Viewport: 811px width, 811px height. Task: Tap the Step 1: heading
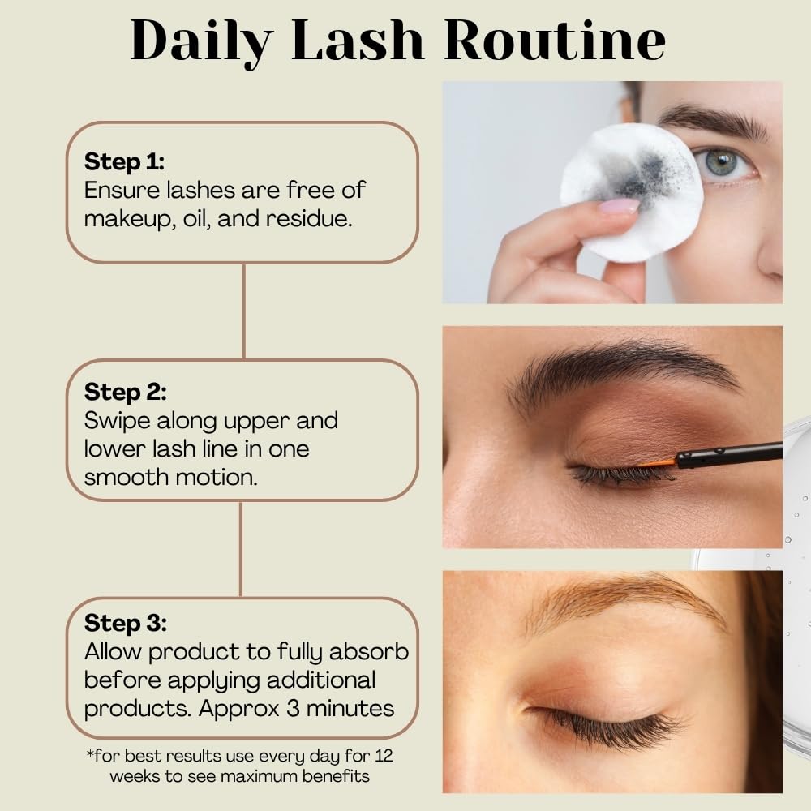pos(124,161)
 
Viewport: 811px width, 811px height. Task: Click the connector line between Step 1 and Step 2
pos(244,311)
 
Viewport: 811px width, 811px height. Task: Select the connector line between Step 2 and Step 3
pos(241,549)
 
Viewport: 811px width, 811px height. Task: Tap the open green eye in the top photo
pos(722,162)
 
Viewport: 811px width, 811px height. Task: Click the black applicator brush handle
pos(730,456)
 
